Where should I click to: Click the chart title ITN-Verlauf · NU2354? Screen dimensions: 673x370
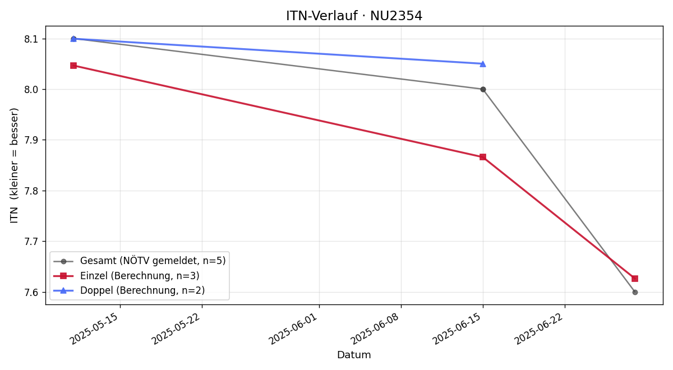pyautogui.click(x=354, y=16)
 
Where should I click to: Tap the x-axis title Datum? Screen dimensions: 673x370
pyautogui.click(x=354, y=355)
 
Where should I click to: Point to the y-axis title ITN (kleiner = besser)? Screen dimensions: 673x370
pyautogui.click(x=14, y=165)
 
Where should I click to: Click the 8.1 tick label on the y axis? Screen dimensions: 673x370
pyautogui.click(x=31, y=39)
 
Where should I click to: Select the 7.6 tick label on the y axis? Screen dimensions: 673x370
pyautogui.click(x=31, y=292)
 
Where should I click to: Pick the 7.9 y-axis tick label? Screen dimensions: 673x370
pyautogui.click(x=31, y=140)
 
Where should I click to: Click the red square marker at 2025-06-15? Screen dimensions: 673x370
pyautogui.click(x=483, y=157)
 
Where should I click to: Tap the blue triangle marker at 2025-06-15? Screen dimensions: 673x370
pyautogui.click(x=483, y=64)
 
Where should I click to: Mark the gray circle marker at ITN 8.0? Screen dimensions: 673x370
pyautogui.click(x=483, y=90)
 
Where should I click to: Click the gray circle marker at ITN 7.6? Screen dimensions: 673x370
pyautogui.click(x=635, y=292)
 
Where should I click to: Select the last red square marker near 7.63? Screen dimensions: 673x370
pyautogui.click(x=635, y=279)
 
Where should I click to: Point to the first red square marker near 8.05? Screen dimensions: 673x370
pyautogui.click(x=73, y=66)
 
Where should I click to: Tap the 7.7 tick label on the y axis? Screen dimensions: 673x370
pyautogui.click(x=31, y=242)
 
